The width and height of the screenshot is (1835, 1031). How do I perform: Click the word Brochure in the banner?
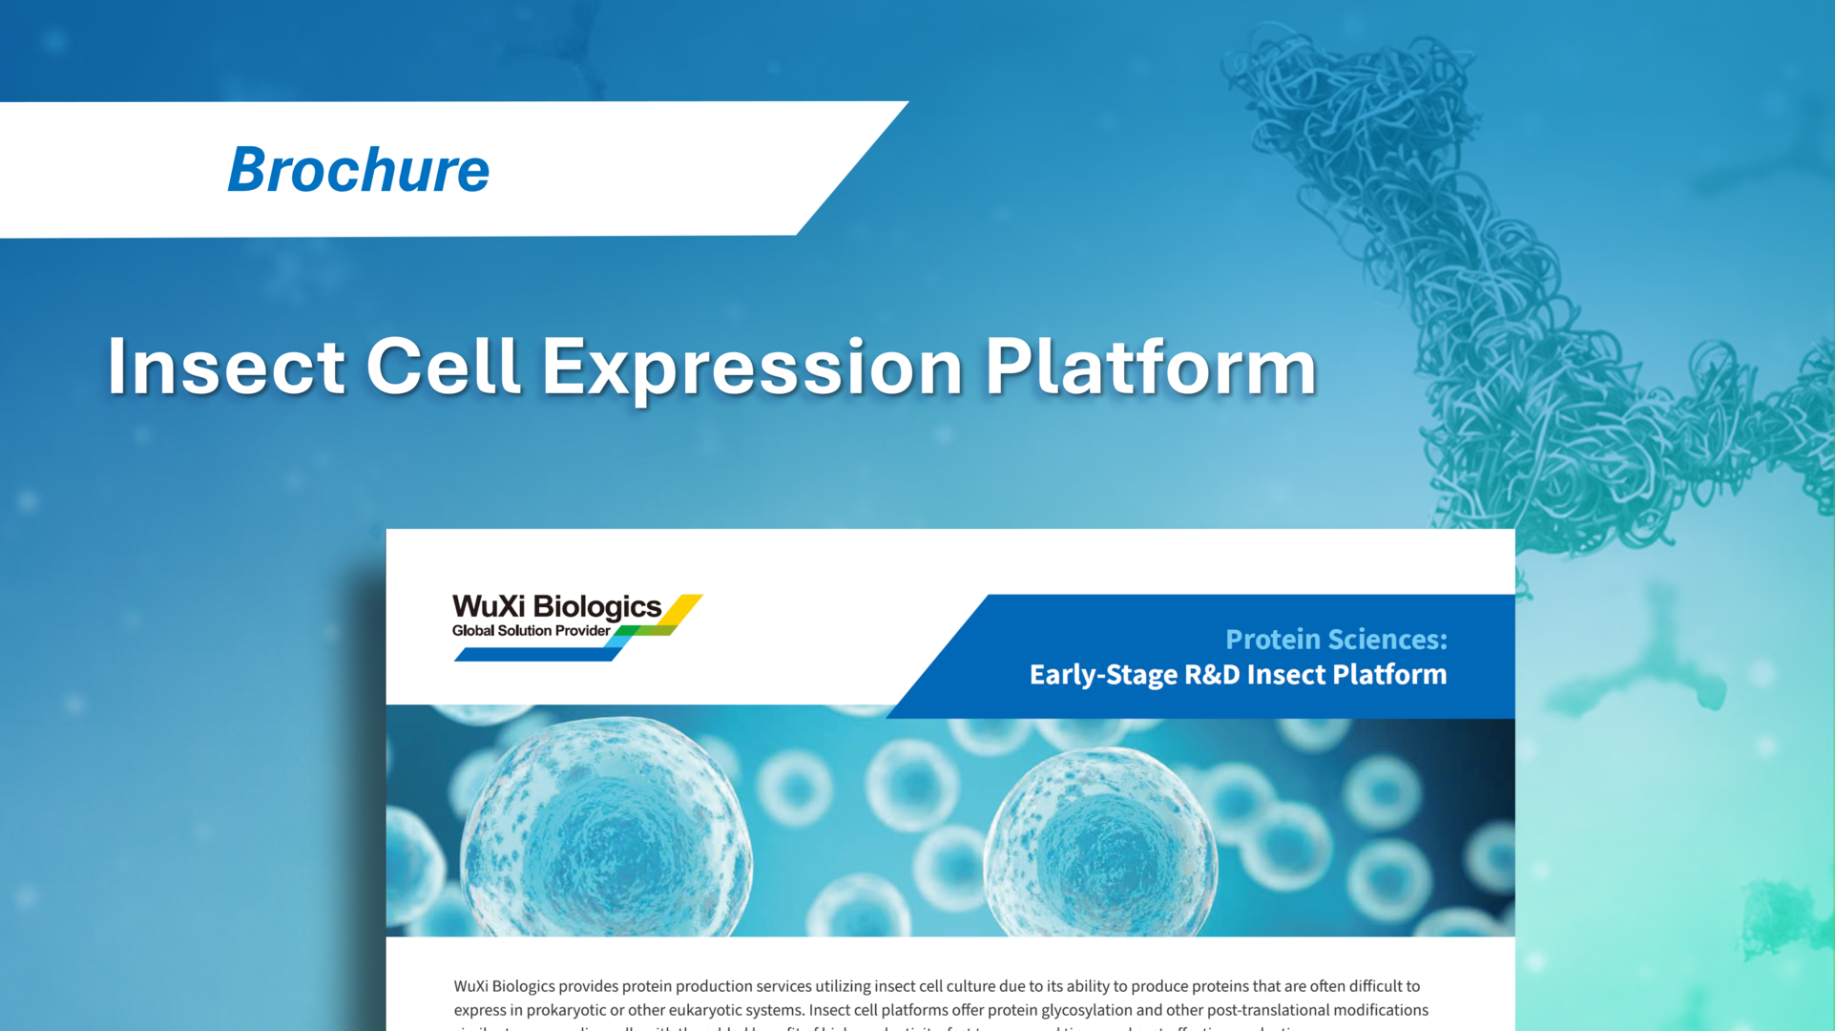358,170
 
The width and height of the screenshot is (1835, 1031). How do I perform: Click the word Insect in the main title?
225,367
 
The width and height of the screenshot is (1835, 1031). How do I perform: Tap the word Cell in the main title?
443,367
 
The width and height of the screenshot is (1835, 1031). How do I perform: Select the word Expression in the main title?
752,367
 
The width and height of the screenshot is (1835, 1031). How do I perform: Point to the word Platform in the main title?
1150,367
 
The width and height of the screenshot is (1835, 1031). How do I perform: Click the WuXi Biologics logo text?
556,606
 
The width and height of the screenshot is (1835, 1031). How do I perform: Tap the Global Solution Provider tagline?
531,631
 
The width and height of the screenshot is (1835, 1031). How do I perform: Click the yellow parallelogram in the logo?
683,609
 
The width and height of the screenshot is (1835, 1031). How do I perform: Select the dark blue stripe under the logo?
534,655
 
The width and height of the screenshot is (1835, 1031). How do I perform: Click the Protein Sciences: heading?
1335,639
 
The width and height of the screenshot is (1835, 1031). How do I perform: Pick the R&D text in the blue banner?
1212,675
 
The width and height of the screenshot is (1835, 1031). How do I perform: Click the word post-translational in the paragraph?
1268,1010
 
